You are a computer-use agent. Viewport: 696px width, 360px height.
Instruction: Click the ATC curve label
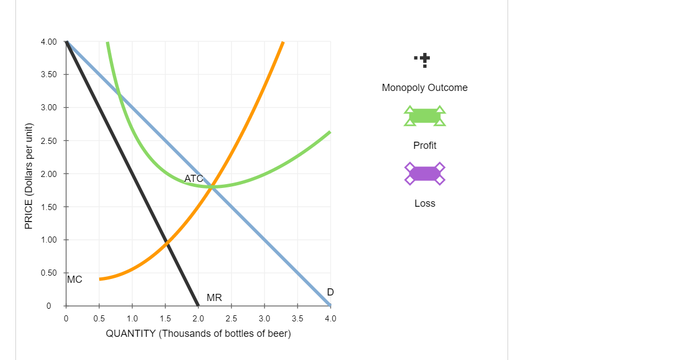[x=193, y=179]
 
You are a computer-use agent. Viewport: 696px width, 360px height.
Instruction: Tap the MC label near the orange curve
[x=74, y=280]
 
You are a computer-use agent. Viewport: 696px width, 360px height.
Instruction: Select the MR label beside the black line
[x=214, y=298]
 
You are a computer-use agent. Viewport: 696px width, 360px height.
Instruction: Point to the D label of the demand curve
[x=330, y=292]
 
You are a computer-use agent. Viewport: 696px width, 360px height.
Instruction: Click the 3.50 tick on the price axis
[x=48, y=74]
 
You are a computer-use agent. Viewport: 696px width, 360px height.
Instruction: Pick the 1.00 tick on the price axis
[x=48, y=240]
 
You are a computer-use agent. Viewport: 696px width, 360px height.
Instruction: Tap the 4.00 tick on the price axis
[x=48, y=42]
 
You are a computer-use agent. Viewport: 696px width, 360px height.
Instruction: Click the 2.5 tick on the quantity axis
[x=231, y=318]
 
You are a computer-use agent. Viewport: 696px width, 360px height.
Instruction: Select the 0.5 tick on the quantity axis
[x=99, y=318]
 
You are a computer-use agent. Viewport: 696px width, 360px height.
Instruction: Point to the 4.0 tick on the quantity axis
[x=331, y=318]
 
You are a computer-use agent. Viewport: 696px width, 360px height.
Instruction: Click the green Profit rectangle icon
[x=424, y=116]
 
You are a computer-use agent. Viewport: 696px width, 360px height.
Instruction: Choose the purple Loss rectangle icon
[x=424, y=174]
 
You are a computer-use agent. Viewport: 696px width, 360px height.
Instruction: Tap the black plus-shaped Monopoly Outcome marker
[x=424, y=58]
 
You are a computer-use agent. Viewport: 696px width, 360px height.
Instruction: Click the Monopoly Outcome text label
[x=424, y=88]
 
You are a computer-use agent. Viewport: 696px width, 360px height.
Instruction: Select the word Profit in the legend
[x=424, y=146]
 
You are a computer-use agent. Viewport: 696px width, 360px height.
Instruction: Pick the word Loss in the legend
[x=424, y=203]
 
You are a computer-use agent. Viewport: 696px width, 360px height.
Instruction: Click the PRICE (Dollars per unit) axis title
[x=29, y=176]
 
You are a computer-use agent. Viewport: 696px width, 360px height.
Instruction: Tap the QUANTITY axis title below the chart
[x=198, y=334]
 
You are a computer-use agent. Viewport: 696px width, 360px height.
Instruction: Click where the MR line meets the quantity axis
[x=198, y=305]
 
